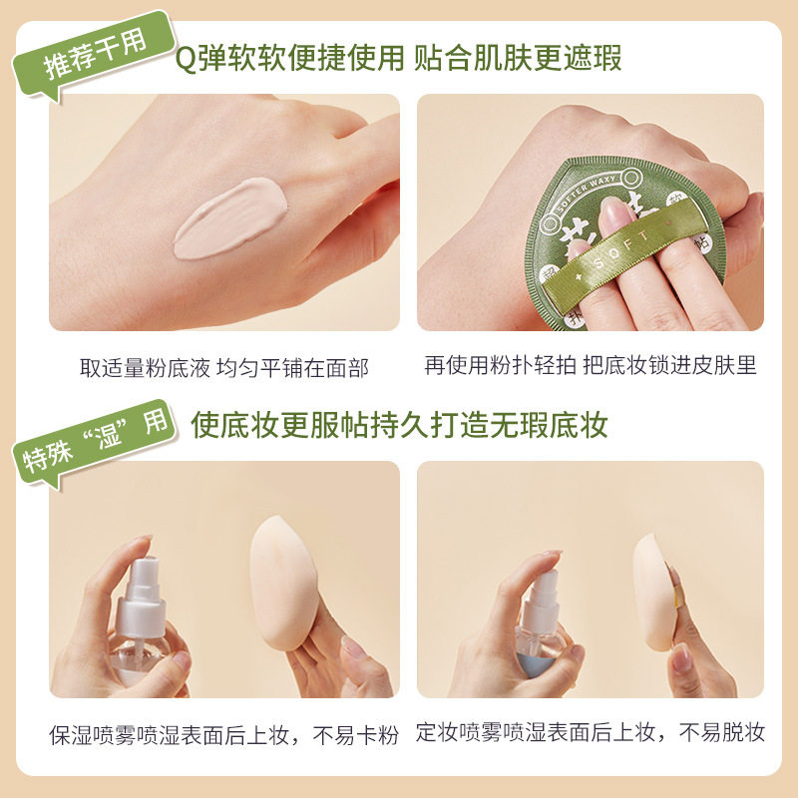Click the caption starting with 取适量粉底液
[x=224, y=368]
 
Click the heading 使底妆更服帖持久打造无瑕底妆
[x=399, y=425]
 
